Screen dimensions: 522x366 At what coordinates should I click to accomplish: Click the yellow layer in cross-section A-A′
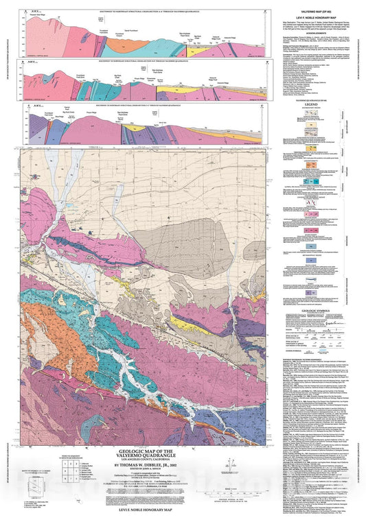coord(199,49)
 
